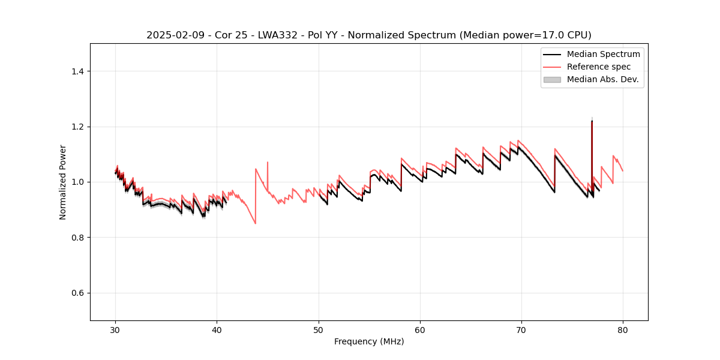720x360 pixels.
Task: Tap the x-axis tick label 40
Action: [217, 330]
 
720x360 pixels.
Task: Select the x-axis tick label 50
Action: [319, 330]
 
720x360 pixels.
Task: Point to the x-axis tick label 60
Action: [420, 330]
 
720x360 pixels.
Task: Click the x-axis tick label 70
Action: [521, 330]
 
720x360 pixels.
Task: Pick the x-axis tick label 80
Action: [623, 330]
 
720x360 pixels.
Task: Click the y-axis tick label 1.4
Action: [77, 71]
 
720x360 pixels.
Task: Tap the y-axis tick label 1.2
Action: [77, 127]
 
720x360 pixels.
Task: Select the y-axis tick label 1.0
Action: [77, 182]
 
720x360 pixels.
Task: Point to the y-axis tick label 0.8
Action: [77, 238]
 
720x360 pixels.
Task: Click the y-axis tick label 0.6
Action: [77, 293]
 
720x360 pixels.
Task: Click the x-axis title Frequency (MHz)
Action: [369, 341]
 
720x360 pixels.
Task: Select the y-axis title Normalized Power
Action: [63, 182]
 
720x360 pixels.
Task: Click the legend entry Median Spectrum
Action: [603, 54]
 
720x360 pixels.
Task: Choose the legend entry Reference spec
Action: [598, 67]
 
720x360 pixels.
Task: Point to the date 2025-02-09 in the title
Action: [173, 35]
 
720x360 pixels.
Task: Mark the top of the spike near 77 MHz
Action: [592, 121]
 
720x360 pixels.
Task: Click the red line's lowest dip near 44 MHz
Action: [256, 224]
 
